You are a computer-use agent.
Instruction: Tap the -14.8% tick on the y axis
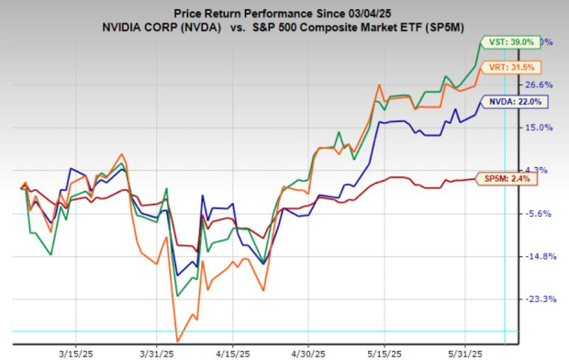click(x=536, y=256)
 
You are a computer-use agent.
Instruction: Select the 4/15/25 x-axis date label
click(x=229, y=350)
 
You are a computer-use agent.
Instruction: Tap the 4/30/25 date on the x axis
click(x=307, y=350)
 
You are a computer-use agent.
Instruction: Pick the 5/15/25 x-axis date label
click(x=385, y=350)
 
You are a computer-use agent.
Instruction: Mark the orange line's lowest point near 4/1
click(x=177, y=341)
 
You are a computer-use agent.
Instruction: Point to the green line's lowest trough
click(x=176, y=296)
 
